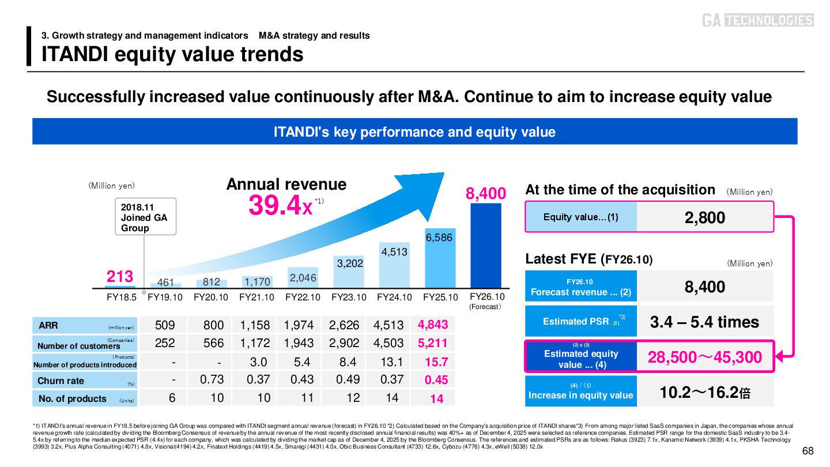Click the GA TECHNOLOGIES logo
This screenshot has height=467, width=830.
(x=757, y=21)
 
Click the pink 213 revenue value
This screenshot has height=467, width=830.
(x=120, y=277)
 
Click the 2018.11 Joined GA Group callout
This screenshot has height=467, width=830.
(x=145, y=217)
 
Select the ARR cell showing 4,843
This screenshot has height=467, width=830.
(x=433, y=325)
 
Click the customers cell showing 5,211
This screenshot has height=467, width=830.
(x=433, y=344)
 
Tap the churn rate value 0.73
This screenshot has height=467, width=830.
(x=212, y=380)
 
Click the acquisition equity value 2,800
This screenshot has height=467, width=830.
(x=705, y=217)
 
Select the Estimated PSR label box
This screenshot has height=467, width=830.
(x=581, y=322)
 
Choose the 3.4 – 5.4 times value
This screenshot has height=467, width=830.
(x=705, y=322)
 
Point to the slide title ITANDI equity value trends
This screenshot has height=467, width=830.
(x=172, y=54)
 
